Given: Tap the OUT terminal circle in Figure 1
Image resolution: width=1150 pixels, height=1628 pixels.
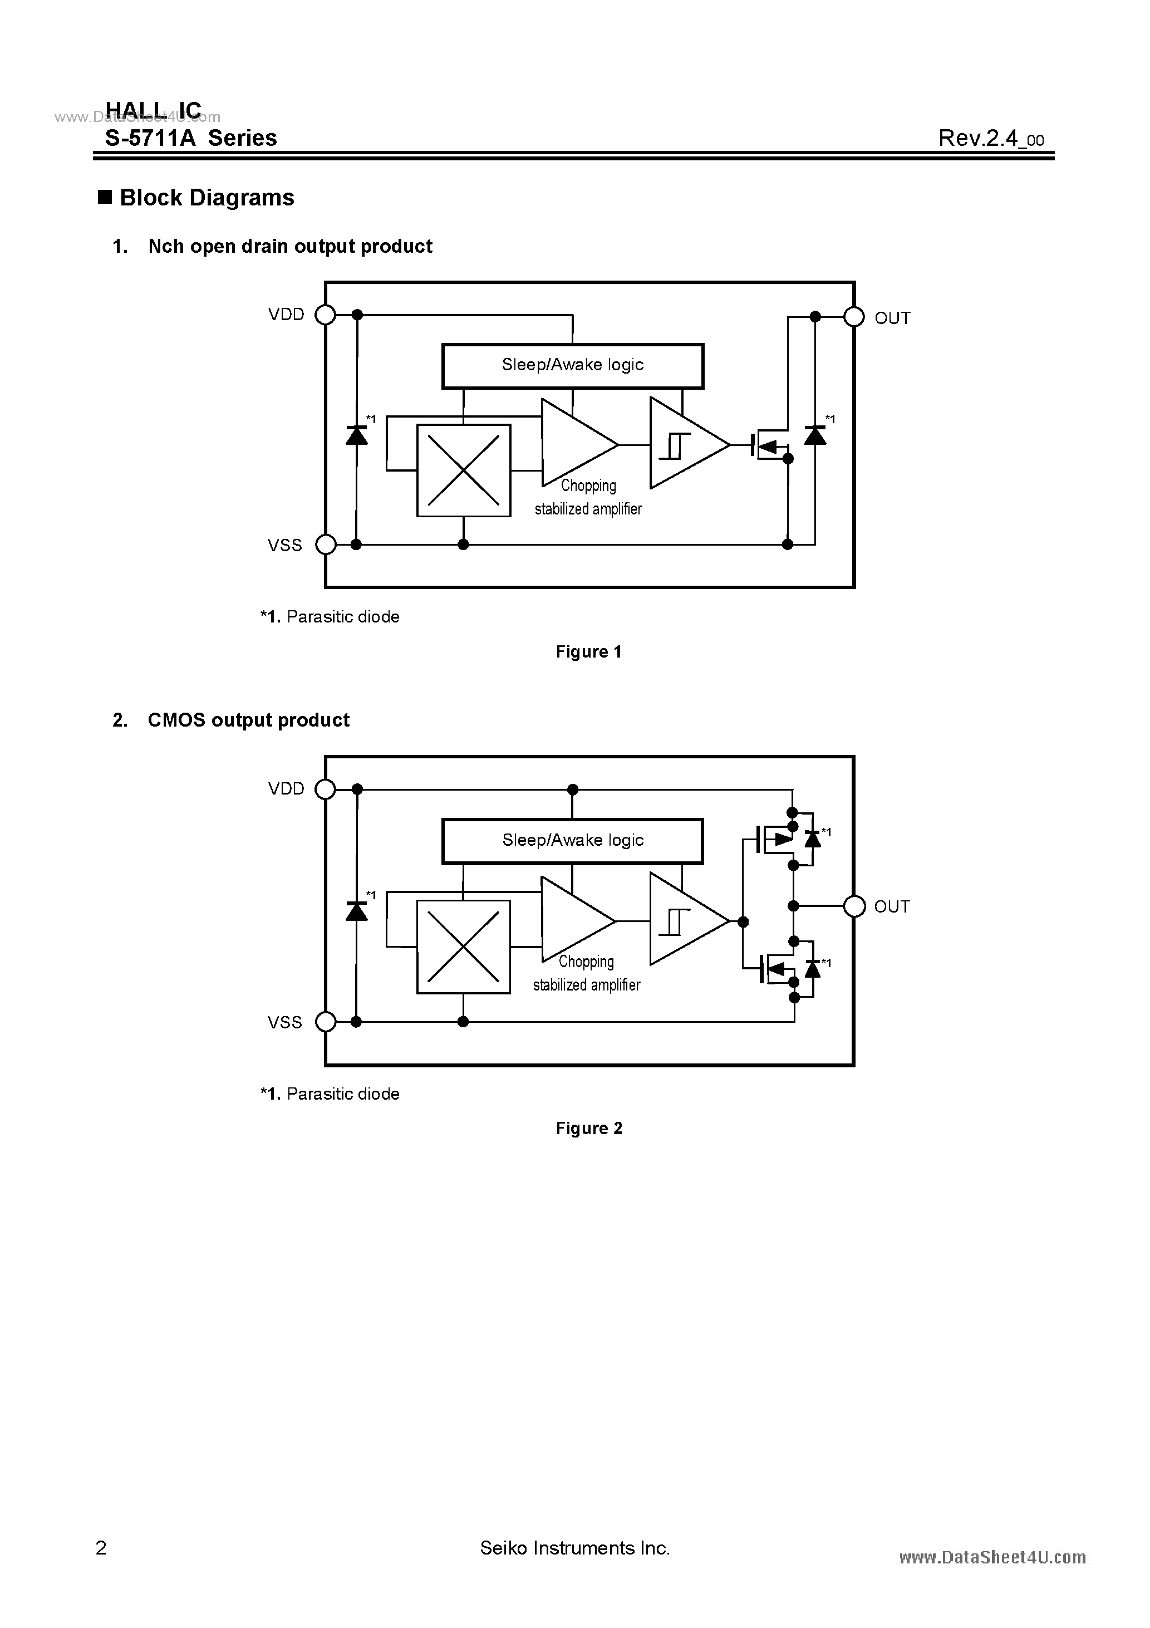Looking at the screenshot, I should click(x=854, y=317).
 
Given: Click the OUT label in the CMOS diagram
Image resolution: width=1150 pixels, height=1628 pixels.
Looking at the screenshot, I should click(x=891, y=907).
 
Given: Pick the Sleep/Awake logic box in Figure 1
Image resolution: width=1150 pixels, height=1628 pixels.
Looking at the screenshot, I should click(x=572, y=366).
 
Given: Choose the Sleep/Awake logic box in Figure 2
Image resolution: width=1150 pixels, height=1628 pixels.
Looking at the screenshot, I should click(x=572, y=841).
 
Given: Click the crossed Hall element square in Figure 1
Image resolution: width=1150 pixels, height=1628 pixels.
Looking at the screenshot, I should click(x=464, y=470).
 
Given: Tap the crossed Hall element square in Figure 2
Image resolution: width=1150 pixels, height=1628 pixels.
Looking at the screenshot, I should click(x=464, y=947).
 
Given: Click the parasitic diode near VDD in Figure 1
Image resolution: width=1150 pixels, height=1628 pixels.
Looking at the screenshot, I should click(x=357, y=435).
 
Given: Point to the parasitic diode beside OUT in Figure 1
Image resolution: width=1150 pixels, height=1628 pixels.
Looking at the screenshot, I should click(x=815, y=435).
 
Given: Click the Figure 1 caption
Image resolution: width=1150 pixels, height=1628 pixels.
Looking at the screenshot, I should click(x=588, y=651).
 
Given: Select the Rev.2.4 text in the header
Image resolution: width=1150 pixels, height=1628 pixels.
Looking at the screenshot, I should click(x=990, y=138).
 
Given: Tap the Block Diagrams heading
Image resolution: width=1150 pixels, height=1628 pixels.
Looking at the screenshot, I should click(x=207, y=198).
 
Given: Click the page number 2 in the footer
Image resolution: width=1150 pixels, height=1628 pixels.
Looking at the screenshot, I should click(x=101, y=1548).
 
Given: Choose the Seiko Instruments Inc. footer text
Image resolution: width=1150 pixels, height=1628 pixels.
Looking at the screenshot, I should click(x=574, y=1548).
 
